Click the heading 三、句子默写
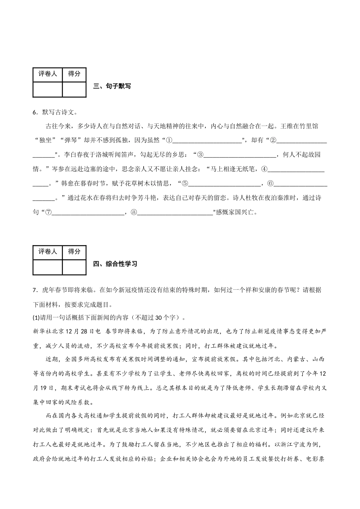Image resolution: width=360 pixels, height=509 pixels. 112,86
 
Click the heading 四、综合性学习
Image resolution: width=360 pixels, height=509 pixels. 115,264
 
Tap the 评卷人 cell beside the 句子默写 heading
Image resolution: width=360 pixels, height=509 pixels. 47,74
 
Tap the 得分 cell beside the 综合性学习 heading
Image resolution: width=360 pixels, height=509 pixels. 74,252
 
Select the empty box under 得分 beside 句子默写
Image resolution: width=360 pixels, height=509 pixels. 74,89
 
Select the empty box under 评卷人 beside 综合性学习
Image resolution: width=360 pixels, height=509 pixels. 47,267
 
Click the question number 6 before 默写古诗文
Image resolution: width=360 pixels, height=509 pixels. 35,112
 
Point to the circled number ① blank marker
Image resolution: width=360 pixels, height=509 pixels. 169,141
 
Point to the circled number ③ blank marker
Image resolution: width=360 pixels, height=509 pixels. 200,155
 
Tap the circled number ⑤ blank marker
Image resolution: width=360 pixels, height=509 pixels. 185,184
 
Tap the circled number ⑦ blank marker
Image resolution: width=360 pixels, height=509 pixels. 48,212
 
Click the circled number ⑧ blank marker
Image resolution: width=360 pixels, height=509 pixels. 133,212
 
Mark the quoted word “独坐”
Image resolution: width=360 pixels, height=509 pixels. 45,141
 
